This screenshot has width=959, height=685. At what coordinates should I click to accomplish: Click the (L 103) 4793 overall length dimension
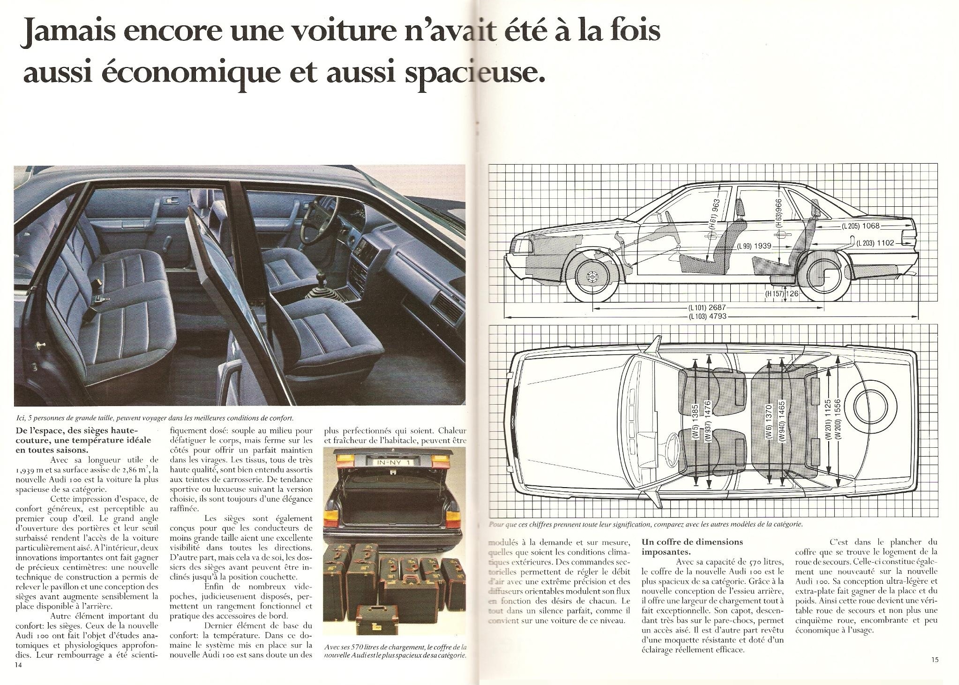pos(708,316)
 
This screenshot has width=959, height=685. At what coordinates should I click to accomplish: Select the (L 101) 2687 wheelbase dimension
pos(708,308)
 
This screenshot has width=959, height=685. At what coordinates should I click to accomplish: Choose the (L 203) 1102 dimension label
pos(876,243)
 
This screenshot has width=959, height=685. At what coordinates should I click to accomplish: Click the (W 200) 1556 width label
pos(838,419)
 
